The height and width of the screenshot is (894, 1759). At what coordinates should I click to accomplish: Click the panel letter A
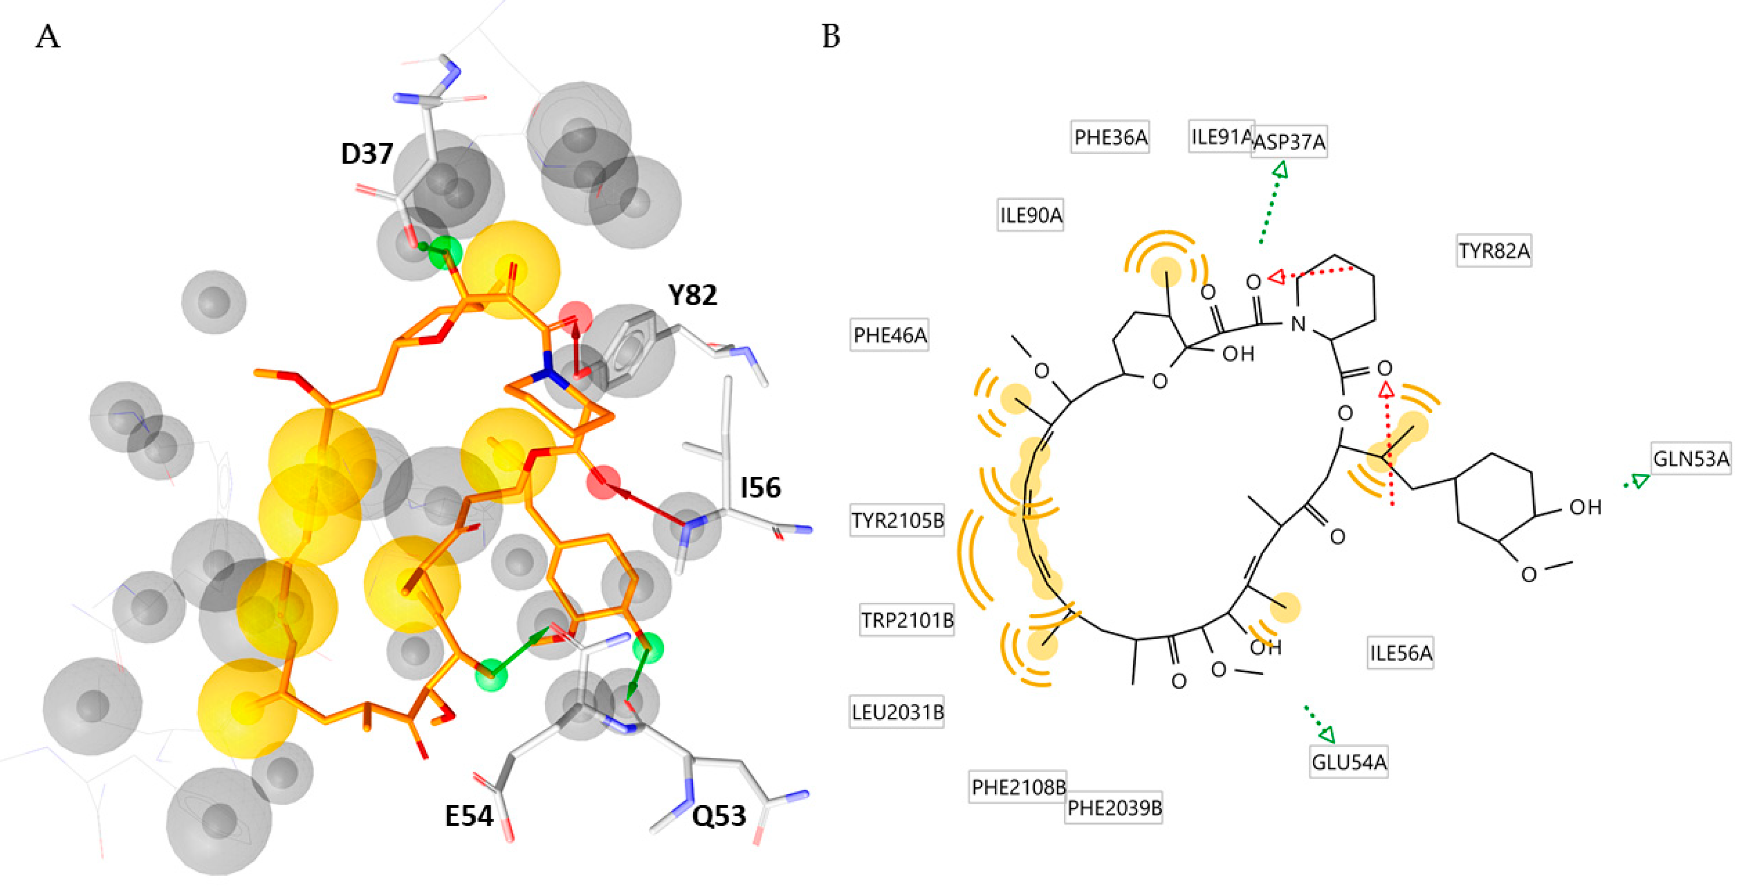coord(48,37)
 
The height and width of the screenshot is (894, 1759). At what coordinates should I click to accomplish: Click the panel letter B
coord(831,37)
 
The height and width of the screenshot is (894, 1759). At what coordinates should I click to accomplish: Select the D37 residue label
coord(367,154)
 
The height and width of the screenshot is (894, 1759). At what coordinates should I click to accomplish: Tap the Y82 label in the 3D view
coord(693,295)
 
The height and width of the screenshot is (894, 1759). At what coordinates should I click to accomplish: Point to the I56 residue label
coord(760,487)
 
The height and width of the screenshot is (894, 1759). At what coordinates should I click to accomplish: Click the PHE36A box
coord(1110,137)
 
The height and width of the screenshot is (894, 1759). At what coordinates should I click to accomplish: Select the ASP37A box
coord(1289,142)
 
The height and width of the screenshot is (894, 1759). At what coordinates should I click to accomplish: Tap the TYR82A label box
coord(1494,251)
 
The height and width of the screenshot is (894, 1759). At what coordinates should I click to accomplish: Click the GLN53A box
coord(1691,458)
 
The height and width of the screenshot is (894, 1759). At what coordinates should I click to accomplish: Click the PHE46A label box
coord(890,335)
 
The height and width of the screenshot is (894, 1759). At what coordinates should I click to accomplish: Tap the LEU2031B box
coord(897,712)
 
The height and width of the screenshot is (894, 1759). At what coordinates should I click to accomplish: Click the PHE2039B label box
coord(1114,808)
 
